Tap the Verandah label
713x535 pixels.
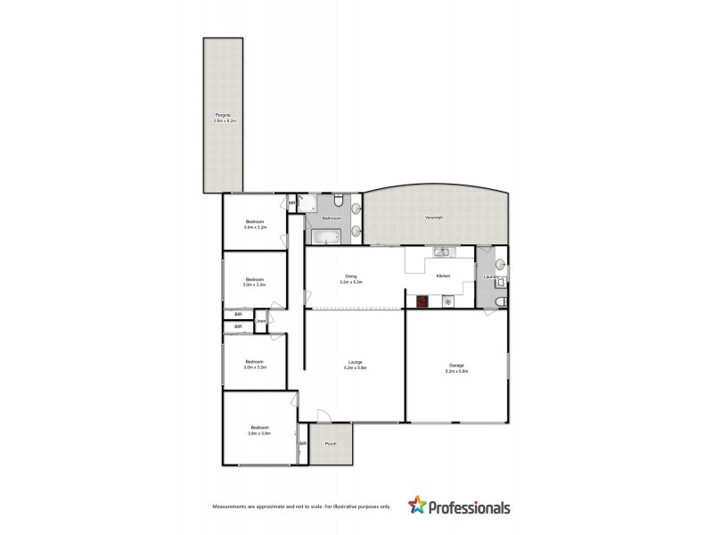coord(433,218)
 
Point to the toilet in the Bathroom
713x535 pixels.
coord(340,201)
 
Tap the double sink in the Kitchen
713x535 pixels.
coord(441,252)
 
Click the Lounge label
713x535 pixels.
coord(355,362)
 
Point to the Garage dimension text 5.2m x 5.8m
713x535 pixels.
coord(456,370)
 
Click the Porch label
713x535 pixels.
coord(331,443)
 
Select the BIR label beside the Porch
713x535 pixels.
coord(303,443)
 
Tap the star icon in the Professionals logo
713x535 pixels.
coord(416,506)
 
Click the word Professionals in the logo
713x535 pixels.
coord(469,507)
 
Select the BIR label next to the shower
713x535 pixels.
coord(291,204)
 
